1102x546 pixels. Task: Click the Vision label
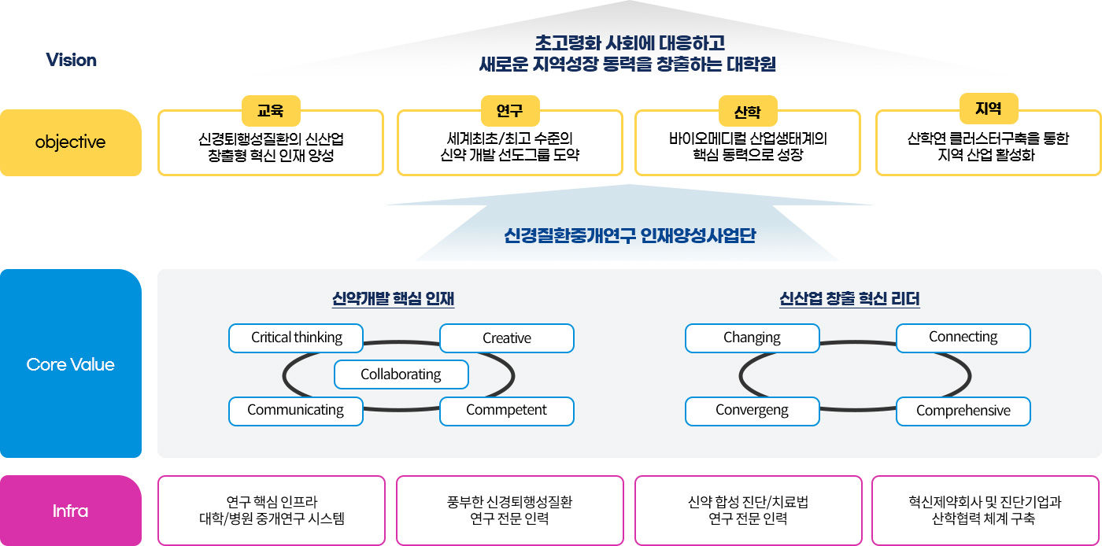click(x=72, y=60)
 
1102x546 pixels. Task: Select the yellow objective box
click(x=71, y=142)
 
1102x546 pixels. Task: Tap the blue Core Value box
click(x=71, y=363)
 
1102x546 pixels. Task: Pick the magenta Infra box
click(x=71, y=511)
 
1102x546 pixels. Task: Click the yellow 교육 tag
click(x=271, y=111)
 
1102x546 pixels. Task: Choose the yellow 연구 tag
click(x=510, y=111)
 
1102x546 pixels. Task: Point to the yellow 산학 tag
click(x=748, y=111)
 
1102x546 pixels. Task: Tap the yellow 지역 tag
click(x=989, y=109)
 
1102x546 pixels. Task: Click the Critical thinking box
click(x=296, y=338)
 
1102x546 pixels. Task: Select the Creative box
click(x=507, y=338)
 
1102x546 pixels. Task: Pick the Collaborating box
click(x=401, y=374)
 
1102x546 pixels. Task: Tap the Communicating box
click(x=296, y=411)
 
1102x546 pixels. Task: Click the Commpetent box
click(x=507, y=411)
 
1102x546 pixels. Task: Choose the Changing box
click(x=753, y=338)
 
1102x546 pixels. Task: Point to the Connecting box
click(x=963, y=338)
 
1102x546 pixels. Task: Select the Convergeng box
click(x=753, y=411)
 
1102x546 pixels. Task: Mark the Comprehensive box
click(x=963, y=411)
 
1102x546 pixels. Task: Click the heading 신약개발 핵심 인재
click(x=393, y=299)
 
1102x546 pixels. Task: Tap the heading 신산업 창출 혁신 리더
click(x=849, y=299)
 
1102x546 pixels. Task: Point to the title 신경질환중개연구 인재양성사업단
click(x=630, y=235)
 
